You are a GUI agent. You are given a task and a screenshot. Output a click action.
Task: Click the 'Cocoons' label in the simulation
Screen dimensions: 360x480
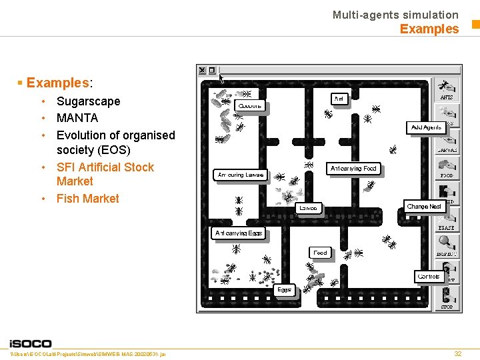(251, 105)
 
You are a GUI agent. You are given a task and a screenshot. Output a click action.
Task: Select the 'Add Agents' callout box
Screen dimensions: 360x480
(426, 127)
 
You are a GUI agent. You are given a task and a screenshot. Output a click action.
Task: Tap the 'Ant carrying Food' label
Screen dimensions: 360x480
(353, 169)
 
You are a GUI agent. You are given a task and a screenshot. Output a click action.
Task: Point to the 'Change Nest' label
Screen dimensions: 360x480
(424, 207)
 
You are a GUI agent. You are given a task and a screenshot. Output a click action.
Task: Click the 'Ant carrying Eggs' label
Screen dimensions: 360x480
(239, 233)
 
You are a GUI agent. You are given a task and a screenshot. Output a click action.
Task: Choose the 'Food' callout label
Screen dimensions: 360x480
(320, 253)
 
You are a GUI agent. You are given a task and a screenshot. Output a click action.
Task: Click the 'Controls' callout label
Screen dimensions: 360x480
(428, 276)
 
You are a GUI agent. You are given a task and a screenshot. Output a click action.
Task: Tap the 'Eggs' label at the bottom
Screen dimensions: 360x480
(284, 290)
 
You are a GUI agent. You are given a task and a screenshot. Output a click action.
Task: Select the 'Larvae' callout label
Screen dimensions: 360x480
(308, 208)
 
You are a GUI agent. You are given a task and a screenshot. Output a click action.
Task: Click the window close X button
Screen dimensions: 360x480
(202, 70)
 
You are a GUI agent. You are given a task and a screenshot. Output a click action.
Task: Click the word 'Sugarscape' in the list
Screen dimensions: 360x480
(89, 101)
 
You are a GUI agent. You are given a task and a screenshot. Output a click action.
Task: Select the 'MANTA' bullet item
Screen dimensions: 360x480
(77, 118)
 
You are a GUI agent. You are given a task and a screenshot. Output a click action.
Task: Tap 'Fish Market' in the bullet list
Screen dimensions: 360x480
(88, 198)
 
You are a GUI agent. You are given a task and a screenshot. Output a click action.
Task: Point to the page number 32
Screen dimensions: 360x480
(457, 353)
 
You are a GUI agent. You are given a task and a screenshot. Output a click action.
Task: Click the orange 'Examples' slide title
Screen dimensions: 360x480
(429, 29)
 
